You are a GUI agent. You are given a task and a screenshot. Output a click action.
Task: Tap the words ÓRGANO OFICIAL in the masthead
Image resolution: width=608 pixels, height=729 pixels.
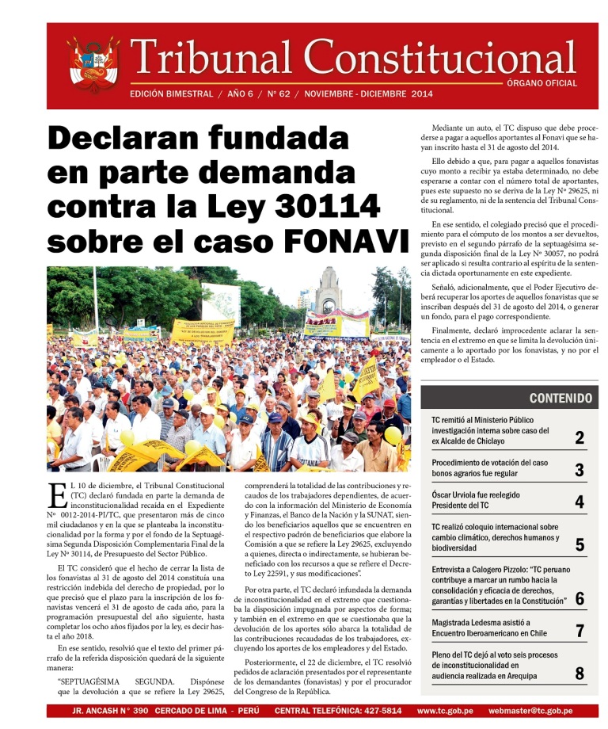coord(541,83)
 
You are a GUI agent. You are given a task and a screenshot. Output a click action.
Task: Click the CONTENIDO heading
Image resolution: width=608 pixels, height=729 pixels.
coord(560,398)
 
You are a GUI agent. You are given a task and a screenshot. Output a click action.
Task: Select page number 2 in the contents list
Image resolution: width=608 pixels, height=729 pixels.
coord(579,437)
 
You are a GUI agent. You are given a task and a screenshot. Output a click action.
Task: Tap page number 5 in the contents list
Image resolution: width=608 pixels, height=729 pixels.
coord(579,544)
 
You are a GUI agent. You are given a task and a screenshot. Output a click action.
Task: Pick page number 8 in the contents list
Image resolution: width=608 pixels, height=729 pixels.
coord(579,674)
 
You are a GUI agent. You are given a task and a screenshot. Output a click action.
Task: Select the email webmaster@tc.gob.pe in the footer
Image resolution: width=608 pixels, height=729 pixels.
coord(530,711)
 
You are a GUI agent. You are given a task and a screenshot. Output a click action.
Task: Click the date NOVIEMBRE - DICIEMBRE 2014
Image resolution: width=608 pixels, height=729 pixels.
coord(368,94)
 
